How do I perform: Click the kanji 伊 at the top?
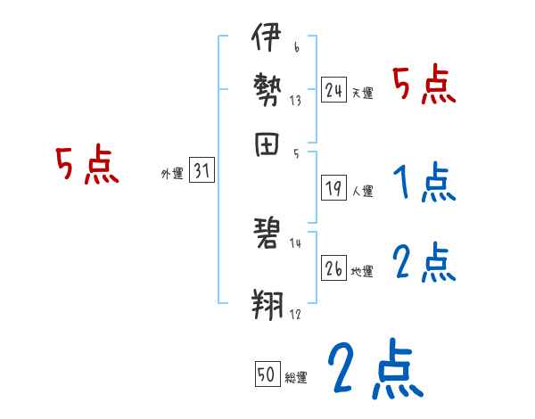267,40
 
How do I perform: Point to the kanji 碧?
267,235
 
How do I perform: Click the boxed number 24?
334,90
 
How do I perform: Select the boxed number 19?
334,188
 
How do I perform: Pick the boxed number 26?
334,268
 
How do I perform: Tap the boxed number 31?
202,172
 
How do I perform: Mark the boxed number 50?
267,375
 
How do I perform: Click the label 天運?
362,93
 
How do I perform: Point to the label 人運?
363,191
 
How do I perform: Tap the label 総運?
297,378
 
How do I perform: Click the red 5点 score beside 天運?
424,86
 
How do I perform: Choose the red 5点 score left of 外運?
86,166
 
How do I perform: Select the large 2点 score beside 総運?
374,368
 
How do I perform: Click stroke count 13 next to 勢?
295,101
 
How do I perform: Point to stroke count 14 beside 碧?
295,242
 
